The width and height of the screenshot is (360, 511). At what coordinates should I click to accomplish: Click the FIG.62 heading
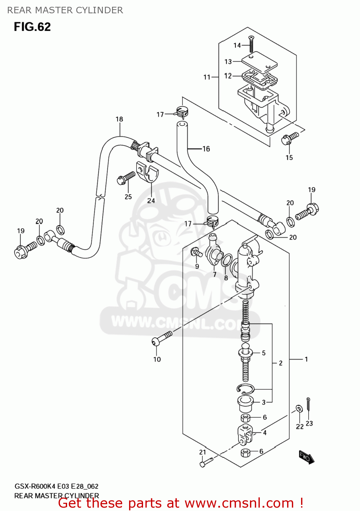point(32,27)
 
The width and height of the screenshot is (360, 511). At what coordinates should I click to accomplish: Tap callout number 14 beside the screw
point(237,45)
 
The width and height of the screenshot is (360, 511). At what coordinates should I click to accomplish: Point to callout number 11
point(207,77)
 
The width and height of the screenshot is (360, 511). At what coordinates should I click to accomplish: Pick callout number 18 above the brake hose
point(119,119)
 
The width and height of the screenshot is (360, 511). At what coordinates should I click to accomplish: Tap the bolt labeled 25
point(126,178)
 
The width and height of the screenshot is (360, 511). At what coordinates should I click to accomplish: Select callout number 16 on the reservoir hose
point(206,149)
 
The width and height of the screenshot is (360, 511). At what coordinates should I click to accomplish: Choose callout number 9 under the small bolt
point(197,266)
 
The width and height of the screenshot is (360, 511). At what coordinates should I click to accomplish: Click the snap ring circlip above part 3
point(245,389)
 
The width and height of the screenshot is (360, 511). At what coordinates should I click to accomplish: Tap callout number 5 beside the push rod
point(264,353)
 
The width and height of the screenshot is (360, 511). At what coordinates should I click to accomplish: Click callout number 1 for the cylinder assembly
point(306,359)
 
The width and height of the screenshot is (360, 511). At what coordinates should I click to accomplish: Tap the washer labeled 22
point(299,408)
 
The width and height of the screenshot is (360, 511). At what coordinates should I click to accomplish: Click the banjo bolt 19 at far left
point(22,251)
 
